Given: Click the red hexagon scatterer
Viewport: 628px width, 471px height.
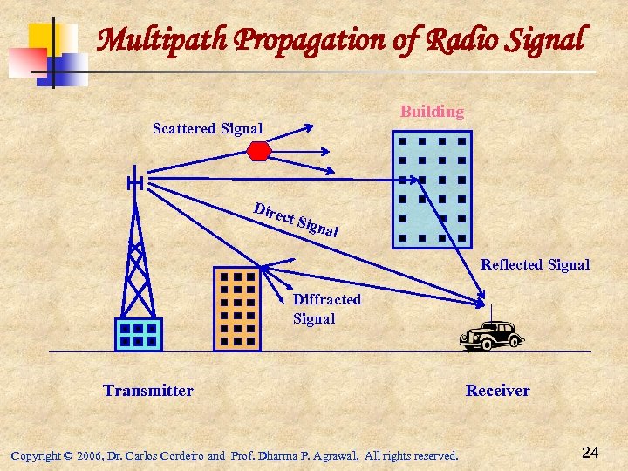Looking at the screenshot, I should (x=260, y=150).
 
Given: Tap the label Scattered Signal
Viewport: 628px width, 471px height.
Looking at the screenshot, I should (x=208, y=129).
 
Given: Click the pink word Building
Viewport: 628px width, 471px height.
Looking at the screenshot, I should (x=432, y=112).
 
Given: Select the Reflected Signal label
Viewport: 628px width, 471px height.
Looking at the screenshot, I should (x=535, y=264).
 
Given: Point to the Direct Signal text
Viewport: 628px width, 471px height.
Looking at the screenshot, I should (x=295, y=221).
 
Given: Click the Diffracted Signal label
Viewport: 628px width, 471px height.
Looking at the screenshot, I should (x=326, y=309).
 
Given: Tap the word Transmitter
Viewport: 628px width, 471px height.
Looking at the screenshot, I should (x=148, y=390).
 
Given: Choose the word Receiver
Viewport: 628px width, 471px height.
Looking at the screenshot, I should (x=497, y=390).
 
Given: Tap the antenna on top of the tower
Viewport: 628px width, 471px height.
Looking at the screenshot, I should (x=134, y=182).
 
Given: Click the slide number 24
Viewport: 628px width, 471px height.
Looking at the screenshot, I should (x=590, y=452).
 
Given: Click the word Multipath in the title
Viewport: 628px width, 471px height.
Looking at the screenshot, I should (x=153, y=40).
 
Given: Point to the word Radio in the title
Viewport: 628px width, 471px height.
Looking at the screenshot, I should (x=459, y=40).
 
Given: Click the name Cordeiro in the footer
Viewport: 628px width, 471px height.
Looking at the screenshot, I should (x=179, y=455).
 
